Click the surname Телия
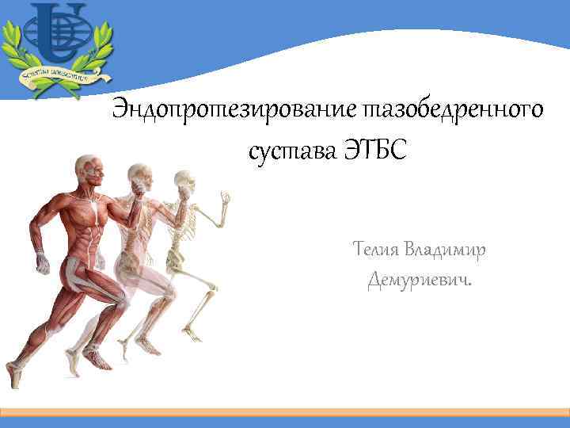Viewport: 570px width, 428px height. click(x=374, y=250)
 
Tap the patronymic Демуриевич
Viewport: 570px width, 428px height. click(x=416, y=280)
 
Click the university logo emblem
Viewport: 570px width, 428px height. click(x=56, y=36)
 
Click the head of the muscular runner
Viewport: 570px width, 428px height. click(x=87, y=168)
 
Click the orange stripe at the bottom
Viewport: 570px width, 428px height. click(x=285, y=412)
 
